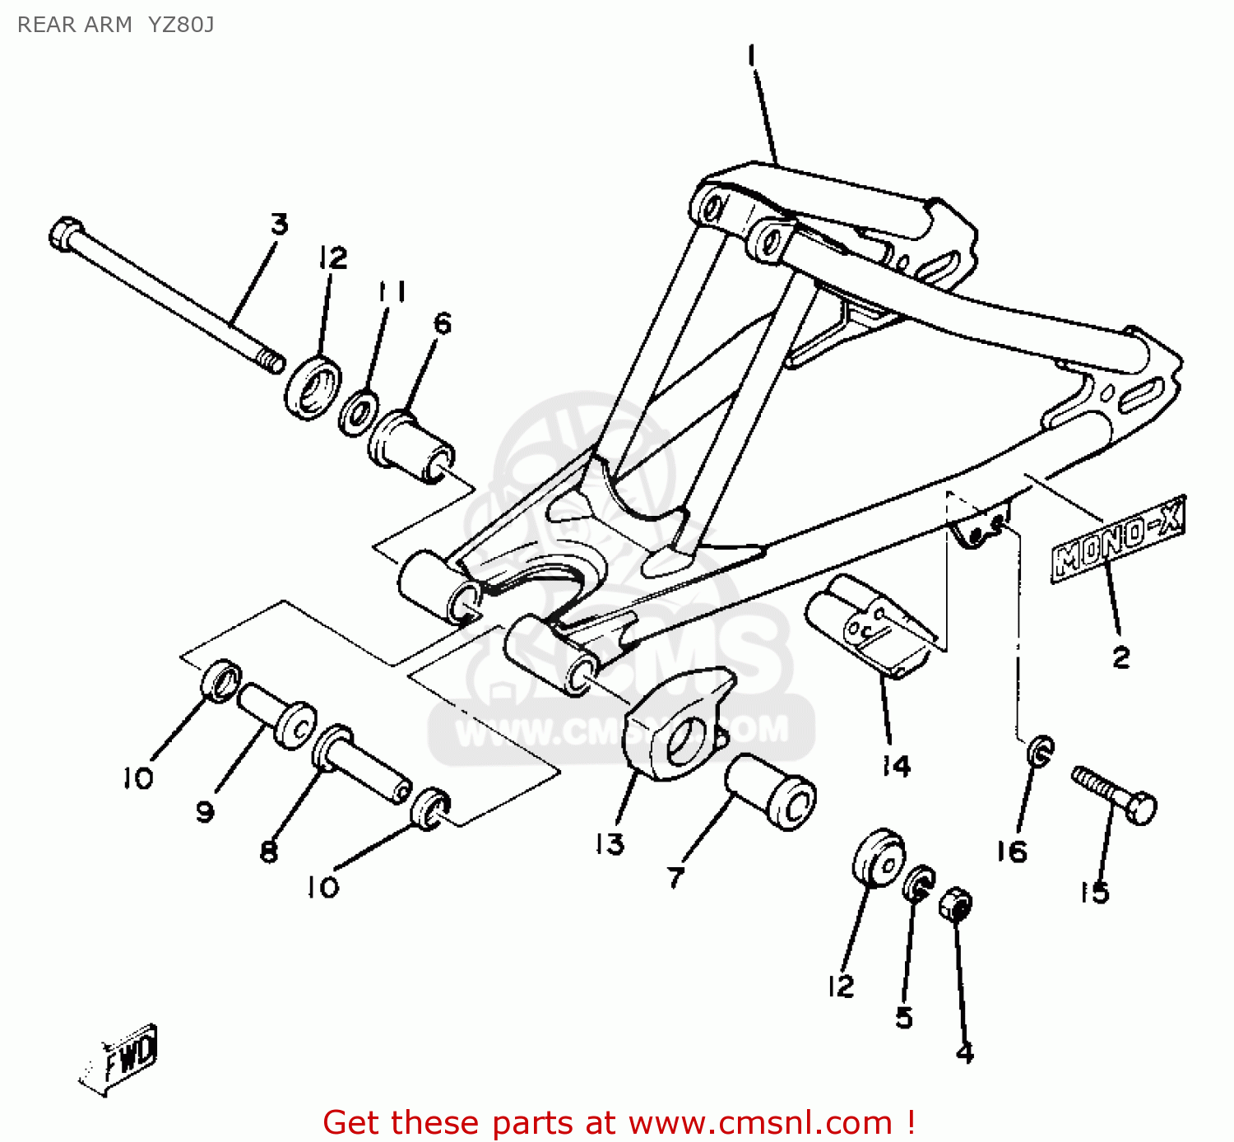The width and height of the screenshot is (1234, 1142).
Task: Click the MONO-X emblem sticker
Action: (x=1117, y=540)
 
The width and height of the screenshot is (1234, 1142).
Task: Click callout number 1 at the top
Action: (x=751, y=56)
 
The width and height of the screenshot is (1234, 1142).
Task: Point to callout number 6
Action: (x=442, y=323)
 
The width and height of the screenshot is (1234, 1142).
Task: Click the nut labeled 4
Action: (x=956, y=905)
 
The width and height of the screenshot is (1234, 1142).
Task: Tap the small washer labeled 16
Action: (x=1041, y=750)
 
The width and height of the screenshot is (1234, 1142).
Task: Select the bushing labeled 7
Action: (x=771, y=791)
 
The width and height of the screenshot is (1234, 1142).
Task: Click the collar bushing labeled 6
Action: (x=411, y=445)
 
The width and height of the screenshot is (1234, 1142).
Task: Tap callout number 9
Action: (x=205, y=811)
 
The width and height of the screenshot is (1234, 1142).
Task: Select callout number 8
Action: (x=269, y=852)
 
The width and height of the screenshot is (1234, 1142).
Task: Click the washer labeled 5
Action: (x=918, y=883)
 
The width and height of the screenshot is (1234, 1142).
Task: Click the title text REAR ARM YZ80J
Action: (x=115, y=25)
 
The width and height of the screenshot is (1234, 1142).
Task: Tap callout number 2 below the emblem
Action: (x=1121, y=657)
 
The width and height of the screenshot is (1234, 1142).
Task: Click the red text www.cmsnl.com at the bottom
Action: (x=761, y=1122)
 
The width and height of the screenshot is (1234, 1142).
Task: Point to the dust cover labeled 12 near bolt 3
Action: (x=313, y=386)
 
